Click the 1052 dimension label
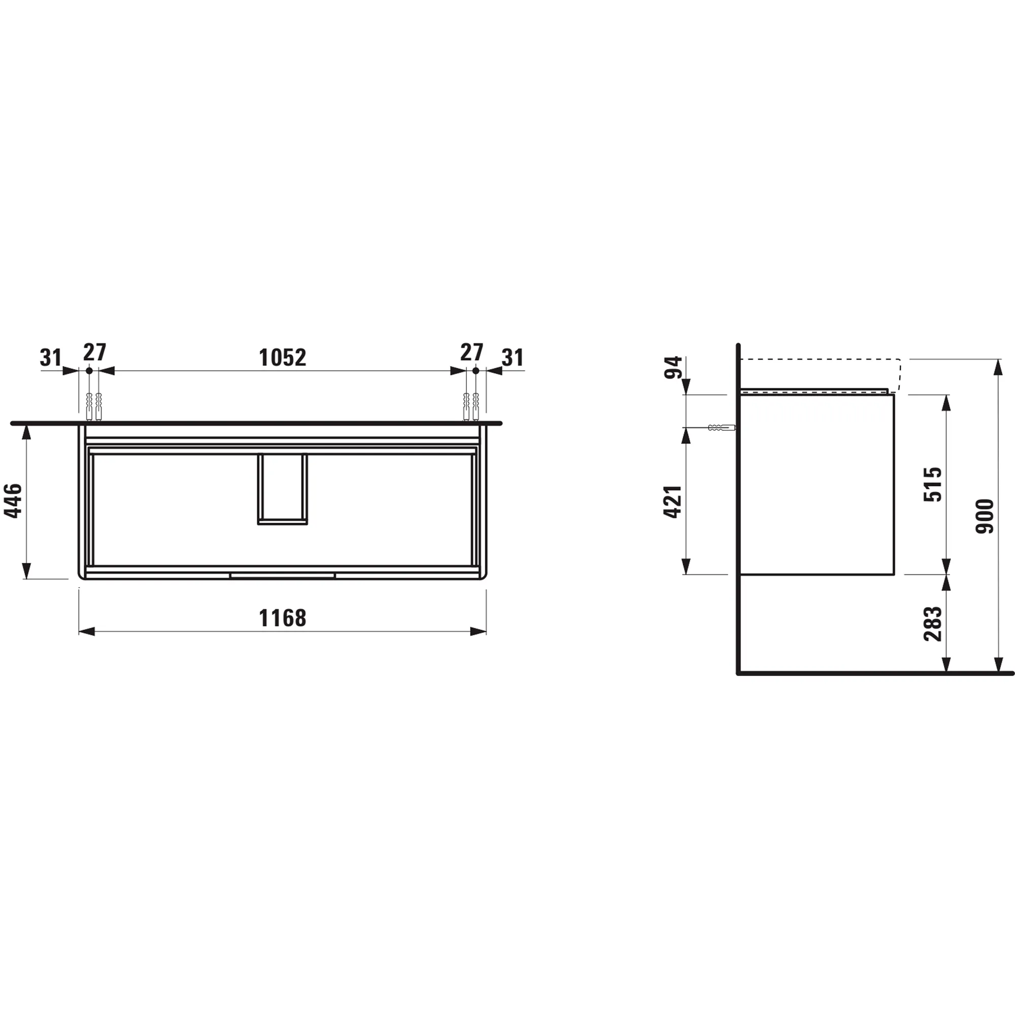click(x=282, y=358)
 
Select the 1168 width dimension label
click(x=282, y=618)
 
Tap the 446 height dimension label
click(x=13, y=501)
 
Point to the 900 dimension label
click(x=985, y=516)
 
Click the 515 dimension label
click(x=932, y=484)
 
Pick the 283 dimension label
click(x=932, y=624)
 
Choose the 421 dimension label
click(x=673, y=502)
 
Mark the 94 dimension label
click(x=673, y=367)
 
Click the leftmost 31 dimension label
click(x=51, y=358)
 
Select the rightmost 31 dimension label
click(x=513, y=358)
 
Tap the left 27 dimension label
click(x=94, y=352)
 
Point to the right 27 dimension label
click(x=471, y=352)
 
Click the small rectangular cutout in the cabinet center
click(x=282, y=489)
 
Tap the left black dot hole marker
click(x=89, y=371)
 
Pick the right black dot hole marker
click(x=476, y=371)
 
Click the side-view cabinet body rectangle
click(x=817, y=484)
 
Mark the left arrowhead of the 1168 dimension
click(x=87, y=631)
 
